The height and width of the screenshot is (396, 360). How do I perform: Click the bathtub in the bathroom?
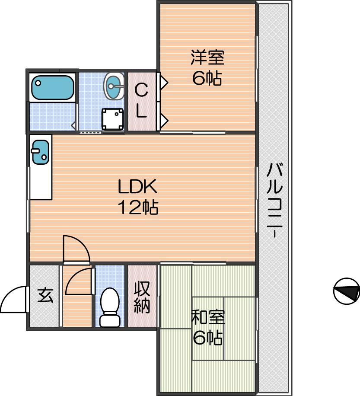coord(53,87)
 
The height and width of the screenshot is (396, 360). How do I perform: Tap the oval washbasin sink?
coord(114,86)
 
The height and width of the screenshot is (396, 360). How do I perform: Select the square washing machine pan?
coord(113,119)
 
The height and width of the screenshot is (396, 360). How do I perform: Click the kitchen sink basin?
coord(40,152)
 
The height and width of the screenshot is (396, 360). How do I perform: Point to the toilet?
coord(110,307)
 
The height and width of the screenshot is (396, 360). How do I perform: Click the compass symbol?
coord(347,291)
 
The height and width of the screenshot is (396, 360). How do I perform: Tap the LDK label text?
coord(137,186)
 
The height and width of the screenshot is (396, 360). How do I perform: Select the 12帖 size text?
coord(138,207)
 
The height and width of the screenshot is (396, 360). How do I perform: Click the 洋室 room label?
coord(207,57)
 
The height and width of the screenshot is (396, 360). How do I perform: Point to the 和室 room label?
coord(208,317)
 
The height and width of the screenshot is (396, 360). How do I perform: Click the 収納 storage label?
coord(142,297)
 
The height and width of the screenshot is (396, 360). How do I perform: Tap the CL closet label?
coord(141,101)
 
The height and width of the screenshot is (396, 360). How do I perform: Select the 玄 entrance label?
coord(45,295)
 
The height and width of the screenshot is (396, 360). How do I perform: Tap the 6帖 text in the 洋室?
coord(207,78)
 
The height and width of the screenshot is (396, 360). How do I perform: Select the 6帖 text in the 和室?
coord(208,338)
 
